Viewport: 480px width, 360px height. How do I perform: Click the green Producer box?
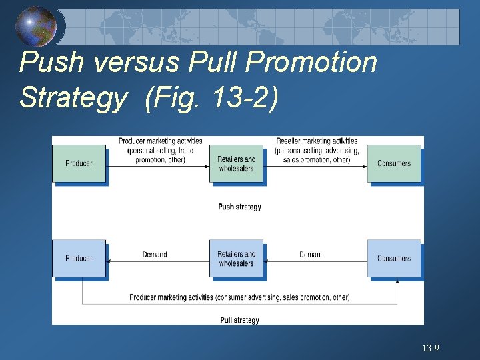(x=79, y=163)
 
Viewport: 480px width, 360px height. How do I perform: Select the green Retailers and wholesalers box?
(x=236, y=163)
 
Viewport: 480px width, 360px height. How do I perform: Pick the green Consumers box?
(x=394, y=163)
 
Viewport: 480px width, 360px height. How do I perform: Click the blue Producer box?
(x=79, y=258)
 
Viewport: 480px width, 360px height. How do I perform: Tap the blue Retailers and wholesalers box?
(x=236, y=258)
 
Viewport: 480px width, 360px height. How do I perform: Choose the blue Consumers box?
(x=394, y=258)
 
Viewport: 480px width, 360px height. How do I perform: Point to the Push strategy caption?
(x=239, y=207)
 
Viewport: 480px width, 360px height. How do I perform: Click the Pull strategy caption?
(x=239, y=320)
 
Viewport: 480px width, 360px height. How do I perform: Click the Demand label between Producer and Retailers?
(x=155, y=255)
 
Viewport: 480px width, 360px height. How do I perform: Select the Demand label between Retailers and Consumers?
(x=311, y=255)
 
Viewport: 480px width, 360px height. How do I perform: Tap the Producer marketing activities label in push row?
(x=160, y=150)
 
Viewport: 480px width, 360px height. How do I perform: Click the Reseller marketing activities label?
(x=317, y=150)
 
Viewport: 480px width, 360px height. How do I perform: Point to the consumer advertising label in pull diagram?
(x=239, y=297)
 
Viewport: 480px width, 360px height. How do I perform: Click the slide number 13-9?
(x=430, y=348)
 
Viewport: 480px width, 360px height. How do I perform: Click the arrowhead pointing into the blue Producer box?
(x=109, y=262)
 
